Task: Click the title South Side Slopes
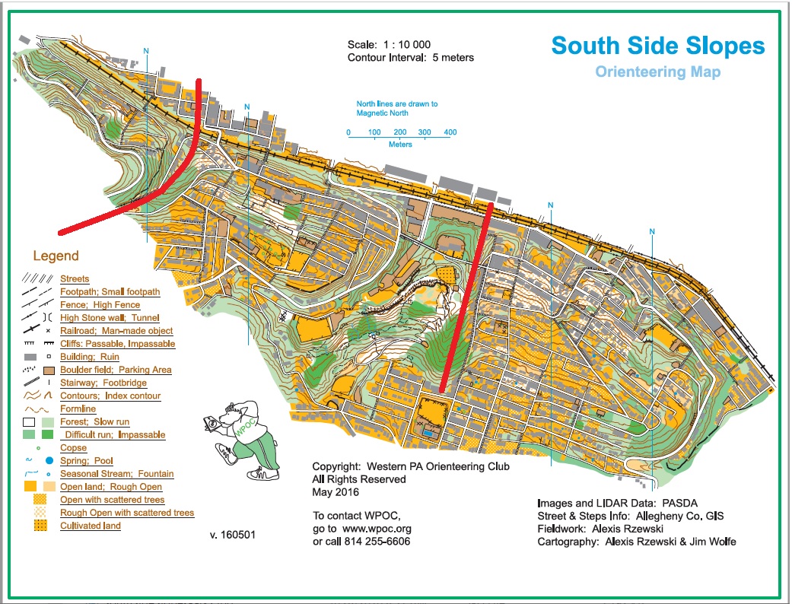point(658,46)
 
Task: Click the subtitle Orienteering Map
point(657,72)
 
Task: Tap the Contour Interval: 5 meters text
point(411,58)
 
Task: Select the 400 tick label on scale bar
point(450,132)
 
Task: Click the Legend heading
point(56,256)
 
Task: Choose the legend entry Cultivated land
point(90,526)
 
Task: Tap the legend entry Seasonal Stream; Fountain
point(116,474)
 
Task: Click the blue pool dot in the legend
point(49,461)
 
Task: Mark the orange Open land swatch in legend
point(31,487)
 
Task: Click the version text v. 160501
point(232,535)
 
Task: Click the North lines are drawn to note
point(397,104)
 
